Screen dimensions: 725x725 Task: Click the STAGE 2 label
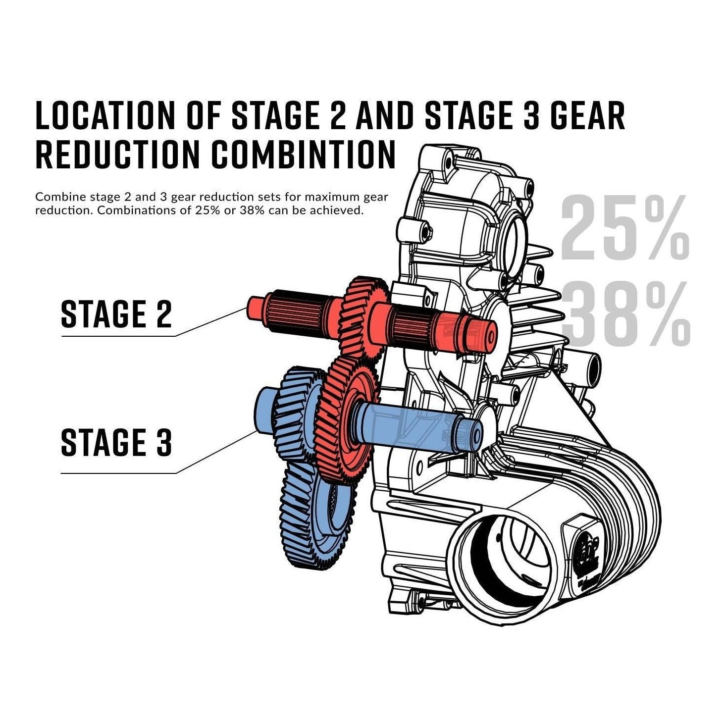click(116, 314)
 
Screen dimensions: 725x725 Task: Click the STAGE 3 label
click(116, 442)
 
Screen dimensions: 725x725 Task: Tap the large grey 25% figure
click(625, 228)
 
